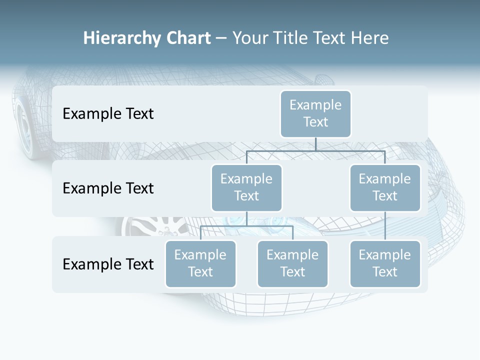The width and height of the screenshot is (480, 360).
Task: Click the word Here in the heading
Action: point(370,38)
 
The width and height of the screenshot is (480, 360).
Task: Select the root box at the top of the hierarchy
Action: point(315,114)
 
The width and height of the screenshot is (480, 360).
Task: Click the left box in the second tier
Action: point(246,188)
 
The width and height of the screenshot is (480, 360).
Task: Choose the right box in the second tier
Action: point(385,188)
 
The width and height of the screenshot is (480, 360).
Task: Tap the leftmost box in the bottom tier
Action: point(200,264)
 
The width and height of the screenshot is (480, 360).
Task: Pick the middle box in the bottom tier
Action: point(292,264)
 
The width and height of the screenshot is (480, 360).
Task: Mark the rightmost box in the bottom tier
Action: point(385,264)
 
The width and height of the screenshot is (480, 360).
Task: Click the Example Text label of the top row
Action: point(108,114)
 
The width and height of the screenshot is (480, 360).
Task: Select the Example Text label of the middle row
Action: point(108,188)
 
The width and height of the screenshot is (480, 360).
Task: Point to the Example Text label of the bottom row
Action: point(108,264)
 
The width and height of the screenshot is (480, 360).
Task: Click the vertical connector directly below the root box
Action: point(315,144)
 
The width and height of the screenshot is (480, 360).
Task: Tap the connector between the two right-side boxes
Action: point(385,226)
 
